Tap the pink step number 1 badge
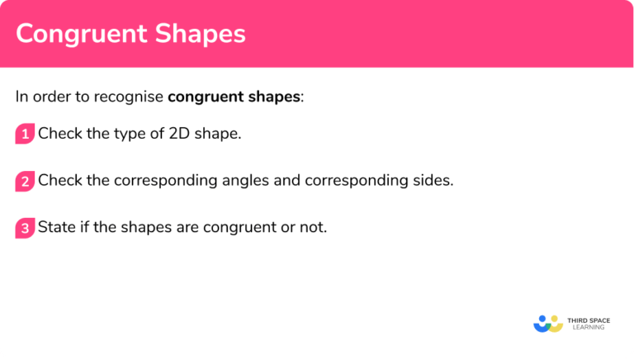25,134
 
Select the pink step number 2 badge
25,181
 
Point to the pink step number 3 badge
25,228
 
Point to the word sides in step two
434,180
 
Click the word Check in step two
58,180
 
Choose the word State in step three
56,227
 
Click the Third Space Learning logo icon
547,323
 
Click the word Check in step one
58,133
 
